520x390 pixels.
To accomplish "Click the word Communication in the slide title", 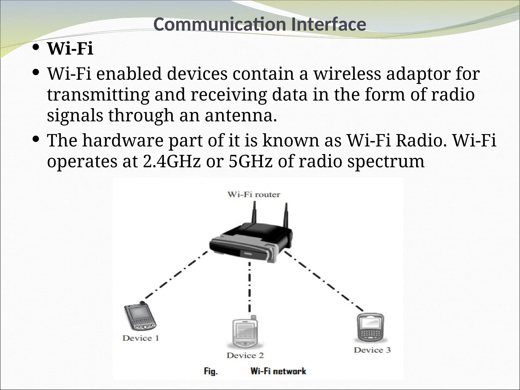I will coord(220,25).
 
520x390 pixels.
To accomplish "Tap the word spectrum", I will coord(386,162).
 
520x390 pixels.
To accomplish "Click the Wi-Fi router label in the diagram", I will coord(254,195).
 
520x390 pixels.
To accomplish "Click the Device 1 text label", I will coord(141,338).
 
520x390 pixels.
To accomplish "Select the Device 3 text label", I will coord(372,350).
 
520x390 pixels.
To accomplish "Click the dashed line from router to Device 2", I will coord(250,287).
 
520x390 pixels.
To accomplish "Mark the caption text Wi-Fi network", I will coord(278,371).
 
